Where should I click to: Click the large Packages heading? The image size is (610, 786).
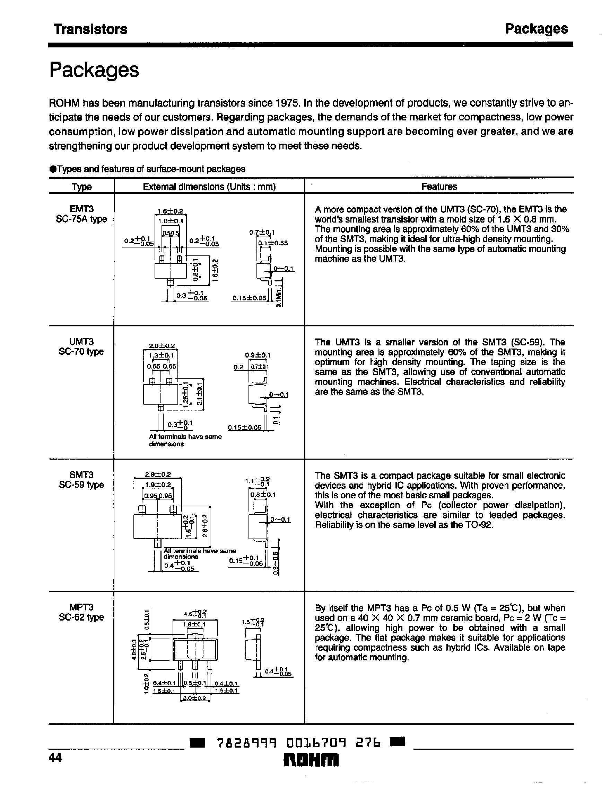pyautogui.click(x=94, y=70)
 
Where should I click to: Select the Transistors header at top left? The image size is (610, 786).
pyautogui.click(x=90, y=29)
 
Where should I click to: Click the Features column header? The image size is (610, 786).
pyautogui.click(x=439, y=187)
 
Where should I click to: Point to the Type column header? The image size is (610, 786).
pyautogui.click(x=81, y=187)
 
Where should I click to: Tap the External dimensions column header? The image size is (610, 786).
pyautogui.click(x=209, y=187)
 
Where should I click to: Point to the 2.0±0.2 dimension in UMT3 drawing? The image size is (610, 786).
pyautogui.click(x=162, y=346)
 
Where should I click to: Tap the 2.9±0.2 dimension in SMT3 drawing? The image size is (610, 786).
pyautogui.click(x=158, y=475)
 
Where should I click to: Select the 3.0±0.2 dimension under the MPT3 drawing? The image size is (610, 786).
pyautogui.click(x=195, y=698)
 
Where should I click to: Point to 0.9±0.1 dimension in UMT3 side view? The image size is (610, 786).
pyautogui.click(x=257, y=355)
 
